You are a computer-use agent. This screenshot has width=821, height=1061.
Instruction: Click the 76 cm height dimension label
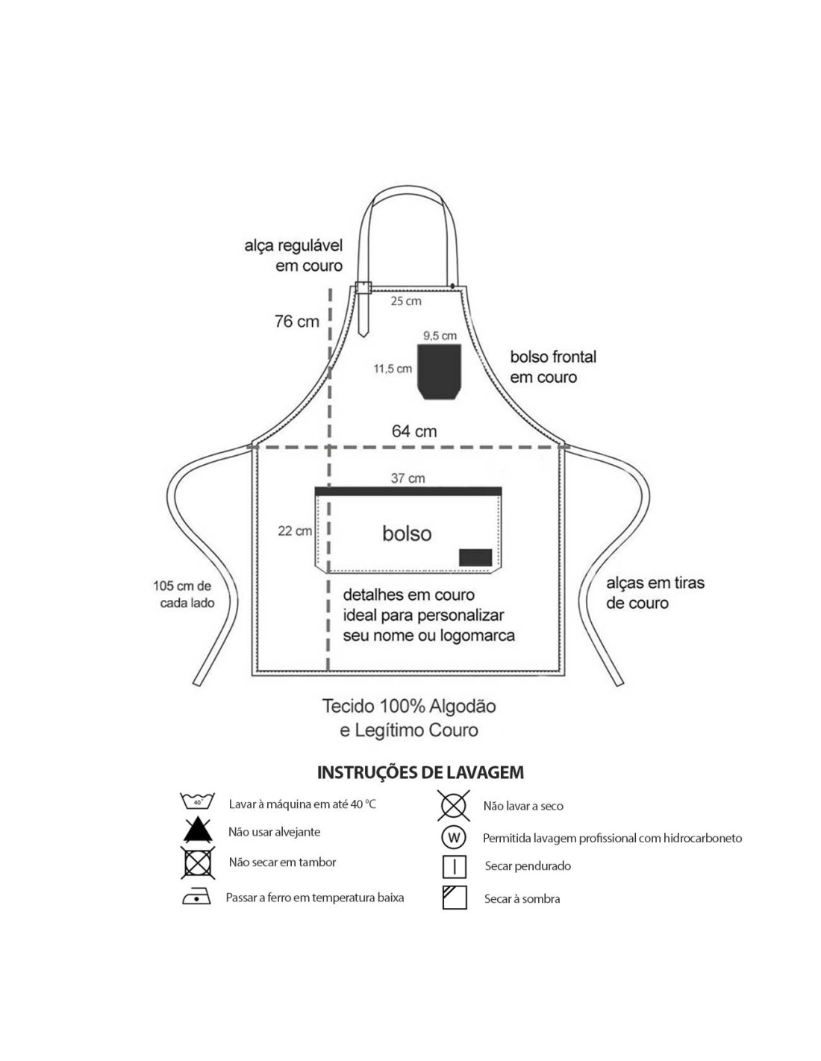coord(296,322)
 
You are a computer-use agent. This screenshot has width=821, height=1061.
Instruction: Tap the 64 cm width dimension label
coord(414,431)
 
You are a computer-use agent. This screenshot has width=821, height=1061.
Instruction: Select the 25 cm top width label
coord(406,301)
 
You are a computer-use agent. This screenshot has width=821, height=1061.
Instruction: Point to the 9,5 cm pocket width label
coord(440,336)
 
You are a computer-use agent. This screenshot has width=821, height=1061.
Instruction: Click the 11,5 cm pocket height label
coord(393,369)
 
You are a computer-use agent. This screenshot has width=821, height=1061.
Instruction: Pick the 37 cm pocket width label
coord(408,478)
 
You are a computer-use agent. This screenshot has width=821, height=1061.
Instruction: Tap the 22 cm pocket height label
coord(295,531)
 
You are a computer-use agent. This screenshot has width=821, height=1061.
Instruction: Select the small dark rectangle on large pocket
coord(475,557)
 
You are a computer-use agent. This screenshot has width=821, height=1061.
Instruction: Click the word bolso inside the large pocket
coord(407,533)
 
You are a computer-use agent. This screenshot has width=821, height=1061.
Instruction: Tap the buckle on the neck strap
coord(363,289)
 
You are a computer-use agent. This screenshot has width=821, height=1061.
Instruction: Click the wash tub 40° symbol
coord(197,802)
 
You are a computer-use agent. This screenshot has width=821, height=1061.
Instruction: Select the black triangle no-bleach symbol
coord(197,830)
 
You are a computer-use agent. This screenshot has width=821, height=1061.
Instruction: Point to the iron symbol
coord(196,898)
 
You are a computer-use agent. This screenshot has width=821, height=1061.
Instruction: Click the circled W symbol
coord(453,837)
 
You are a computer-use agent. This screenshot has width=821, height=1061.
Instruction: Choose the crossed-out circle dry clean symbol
coord(453,806)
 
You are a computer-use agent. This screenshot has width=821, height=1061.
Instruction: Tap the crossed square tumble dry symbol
coord(197,863)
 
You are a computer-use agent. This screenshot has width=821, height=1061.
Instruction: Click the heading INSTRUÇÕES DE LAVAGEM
coord(420,772)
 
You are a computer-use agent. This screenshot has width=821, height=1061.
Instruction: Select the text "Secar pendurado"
coord(528,866)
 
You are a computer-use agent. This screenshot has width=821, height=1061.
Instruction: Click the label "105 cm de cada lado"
coord(184,595)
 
